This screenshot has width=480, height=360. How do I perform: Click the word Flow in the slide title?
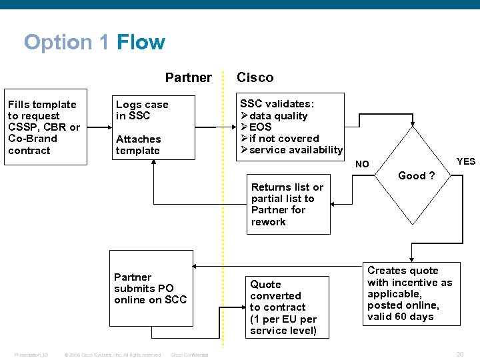click(141, 43)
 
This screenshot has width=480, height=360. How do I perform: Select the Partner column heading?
click(188, 77)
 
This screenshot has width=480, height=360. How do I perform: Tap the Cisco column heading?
click(255, 77)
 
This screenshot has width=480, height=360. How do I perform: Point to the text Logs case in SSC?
click(142, 110)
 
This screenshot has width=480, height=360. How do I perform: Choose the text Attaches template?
click(138, 145)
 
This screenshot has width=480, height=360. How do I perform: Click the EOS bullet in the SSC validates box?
click(260, 127)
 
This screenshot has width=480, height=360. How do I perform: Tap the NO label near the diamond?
click(362, 164)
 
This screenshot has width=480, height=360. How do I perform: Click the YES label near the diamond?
click(466, 161)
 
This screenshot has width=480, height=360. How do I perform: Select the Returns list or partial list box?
click(287, 205)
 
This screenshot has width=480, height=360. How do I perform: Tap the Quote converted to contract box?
click(286, 307)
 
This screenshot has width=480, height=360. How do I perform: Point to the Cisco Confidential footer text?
click(189, 355)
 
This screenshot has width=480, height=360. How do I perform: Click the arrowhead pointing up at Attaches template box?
click(154, 165)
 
